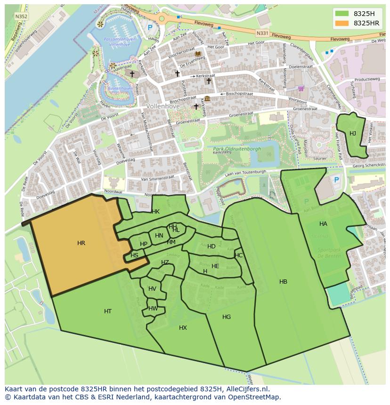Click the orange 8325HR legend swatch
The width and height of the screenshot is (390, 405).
342,23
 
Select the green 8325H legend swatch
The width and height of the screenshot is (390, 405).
342,14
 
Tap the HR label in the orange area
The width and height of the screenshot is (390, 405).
81,243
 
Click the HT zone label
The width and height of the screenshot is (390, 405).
108,311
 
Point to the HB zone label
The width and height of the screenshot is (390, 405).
283,282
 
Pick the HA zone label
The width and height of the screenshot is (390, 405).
323,224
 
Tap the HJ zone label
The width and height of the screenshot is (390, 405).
353,134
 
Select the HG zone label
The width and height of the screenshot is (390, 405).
227,317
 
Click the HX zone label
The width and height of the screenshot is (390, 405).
183,328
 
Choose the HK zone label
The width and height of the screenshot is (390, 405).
155,212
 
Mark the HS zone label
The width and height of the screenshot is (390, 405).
134,255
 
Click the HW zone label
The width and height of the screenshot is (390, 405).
153,309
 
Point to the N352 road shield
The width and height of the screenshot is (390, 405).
21,16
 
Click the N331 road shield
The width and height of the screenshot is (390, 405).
262,33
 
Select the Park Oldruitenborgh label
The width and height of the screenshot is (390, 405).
234,149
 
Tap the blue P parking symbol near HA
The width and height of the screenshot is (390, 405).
336,180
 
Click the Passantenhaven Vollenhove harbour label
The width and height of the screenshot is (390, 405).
119,42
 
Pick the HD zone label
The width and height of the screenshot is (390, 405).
211,246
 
